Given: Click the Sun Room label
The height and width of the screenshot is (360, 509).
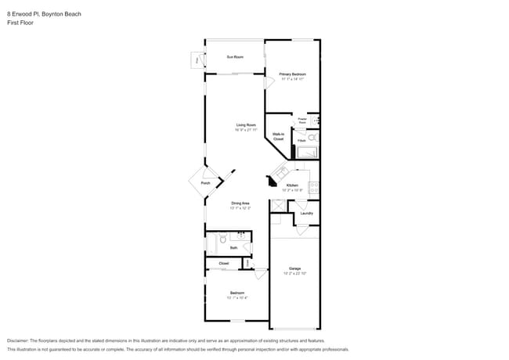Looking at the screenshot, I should click(x=235, y=57).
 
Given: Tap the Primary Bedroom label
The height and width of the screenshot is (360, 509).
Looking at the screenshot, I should click(x=291, y=74).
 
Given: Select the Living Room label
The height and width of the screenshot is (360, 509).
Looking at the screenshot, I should click(x=247, y=125).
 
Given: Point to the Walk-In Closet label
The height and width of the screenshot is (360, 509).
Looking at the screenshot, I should click(x=278, y=136).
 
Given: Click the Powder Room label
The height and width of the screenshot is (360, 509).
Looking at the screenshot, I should click(x=302, y=121).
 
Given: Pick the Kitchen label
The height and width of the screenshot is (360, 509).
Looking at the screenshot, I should click(x=292, y=185).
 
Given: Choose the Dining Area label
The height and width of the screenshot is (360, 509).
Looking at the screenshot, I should click(x=240, y=203).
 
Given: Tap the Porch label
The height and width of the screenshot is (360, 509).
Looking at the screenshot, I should click(x=205, y=183).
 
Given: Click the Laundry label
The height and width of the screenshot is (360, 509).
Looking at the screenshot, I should click(x=306, y=213).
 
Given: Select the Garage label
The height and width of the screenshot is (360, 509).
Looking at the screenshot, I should click(x=294, y=268).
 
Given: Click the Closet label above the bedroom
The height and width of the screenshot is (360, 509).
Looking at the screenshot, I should click(x=224, y=264).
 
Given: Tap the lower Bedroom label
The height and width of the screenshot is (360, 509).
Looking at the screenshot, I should click(x=237, y=294).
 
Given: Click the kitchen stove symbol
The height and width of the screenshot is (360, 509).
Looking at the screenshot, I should click(x=315, y=187).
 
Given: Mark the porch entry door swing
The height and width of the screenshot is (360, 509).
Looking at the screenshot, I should click(x=230, y=174).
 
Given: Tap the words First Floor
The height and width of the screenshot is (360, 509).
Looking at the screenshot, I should click(x=20, y=23).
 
